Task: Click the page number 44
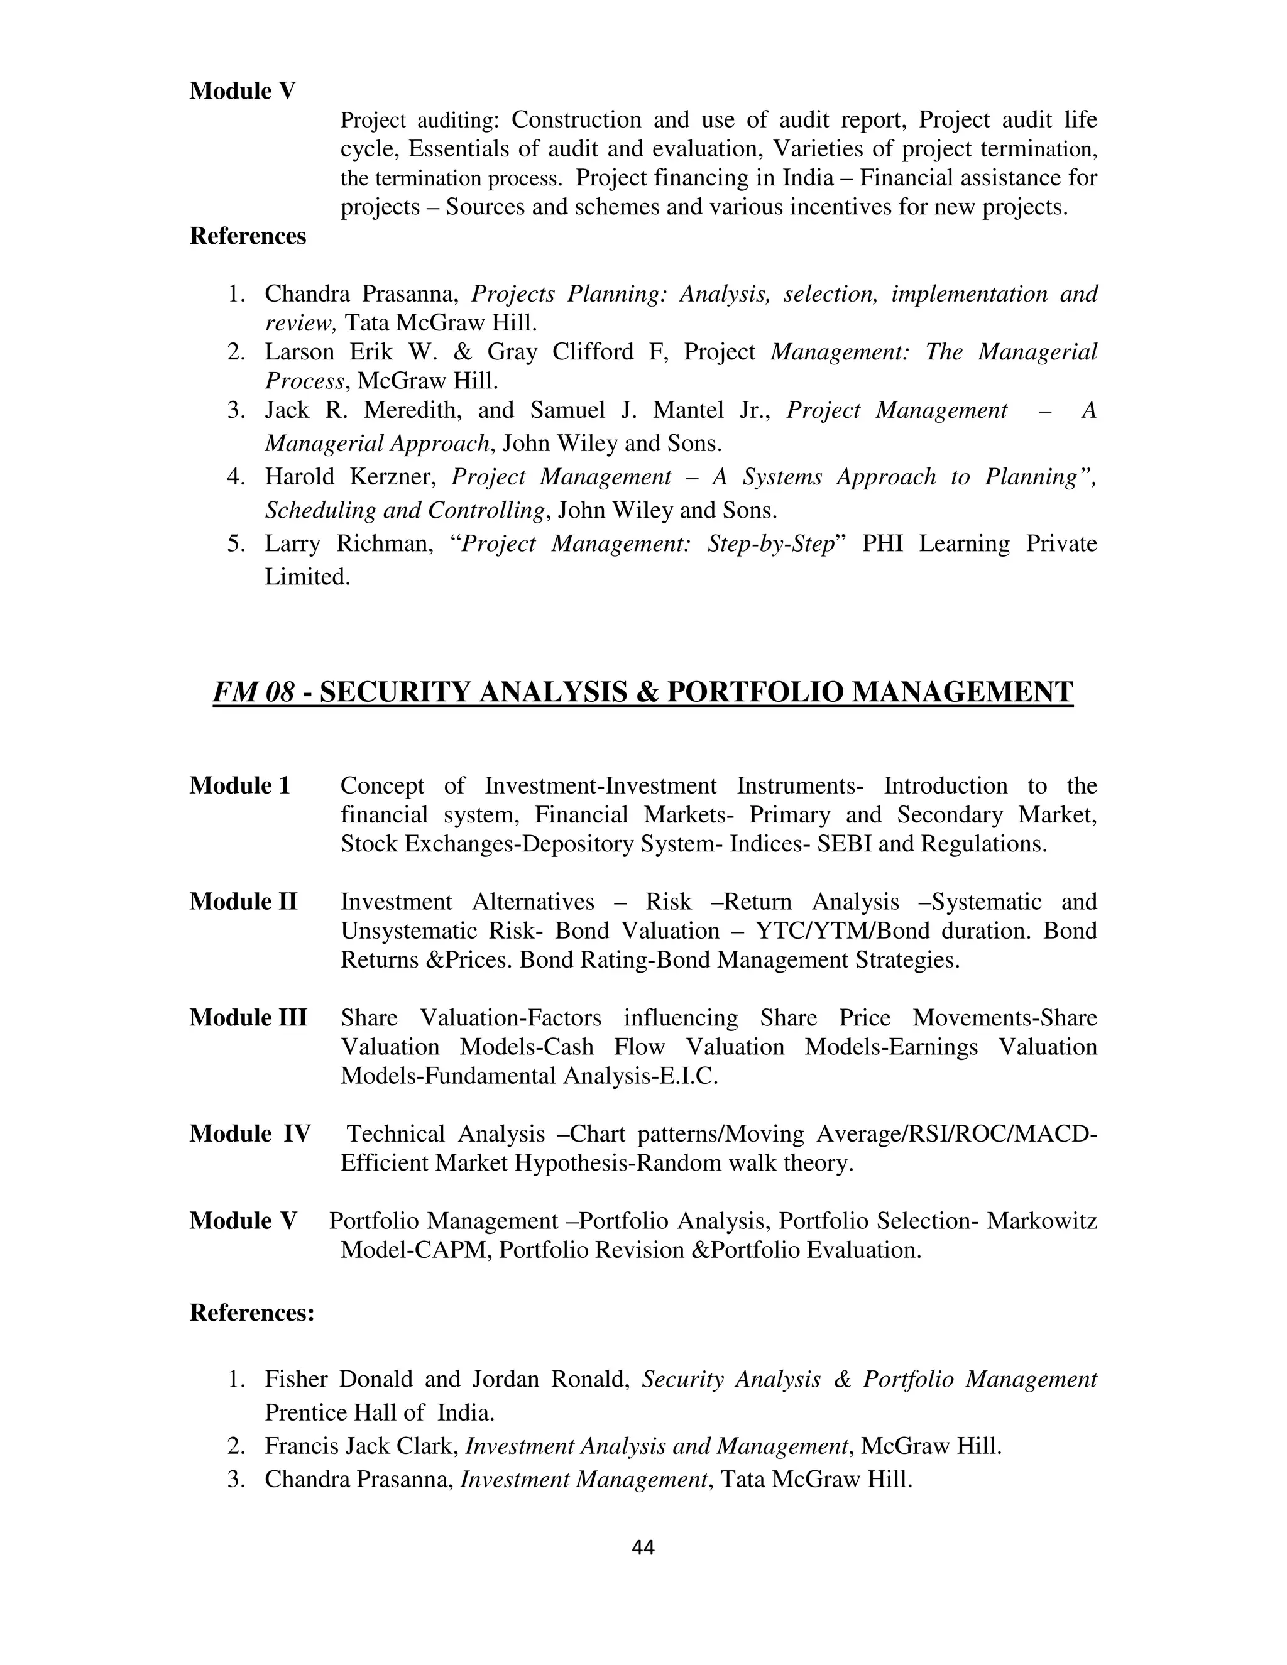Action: pyautogui.click(x=643, y=1547)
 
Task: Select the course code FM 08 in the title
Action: pyautogui.click(x=253, y=692)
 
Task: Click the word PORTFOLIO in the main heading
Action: pyautogui.click(x=755, y=692)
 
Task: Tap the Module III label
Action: pyautogui.click(x=248, y=1018)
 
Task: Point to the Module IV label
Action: pyautogui.click(x=249, y=1133)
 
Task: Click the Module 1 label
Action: pyautogui.click(x=239, y=785)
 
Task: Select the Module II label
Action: pyautogui.click(x=243, y=901)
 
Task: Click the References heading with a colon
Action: pyautogui.click(x=251, y=1312)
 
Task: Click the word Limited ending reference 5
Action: pyautogui.click(x=307, y=577)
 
